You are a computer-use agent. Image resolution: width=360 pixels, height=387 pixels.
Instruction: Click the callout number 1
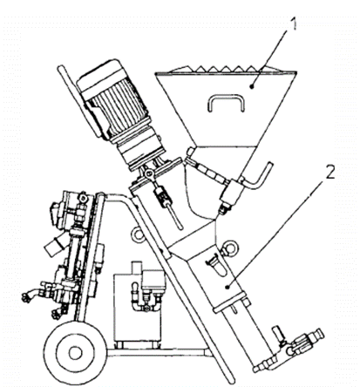294,24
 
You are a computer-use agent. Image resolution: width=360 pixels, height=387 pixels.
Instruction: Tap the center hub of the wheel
75,353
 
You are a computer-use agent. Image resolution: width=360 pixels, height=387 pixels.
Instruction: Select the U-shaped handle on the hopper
226,102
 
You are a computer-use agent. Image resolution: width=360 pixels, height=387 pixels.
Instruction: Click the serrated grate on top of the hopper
226,69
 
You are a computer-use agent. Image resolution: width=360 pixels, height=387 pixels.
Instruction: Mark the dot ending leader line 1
253,85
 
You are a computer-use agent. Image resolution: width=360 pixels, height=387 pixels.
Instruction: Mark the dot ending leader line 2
228,287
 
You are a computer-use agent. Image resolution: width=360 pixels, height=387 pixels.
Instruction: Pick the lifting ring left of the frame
138,234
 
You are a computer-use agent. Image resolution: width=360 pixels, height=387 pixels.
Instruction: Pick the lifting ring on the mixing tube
228,248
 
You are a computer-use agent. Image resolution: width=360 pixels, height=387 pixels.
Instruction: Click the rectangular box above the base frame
138,308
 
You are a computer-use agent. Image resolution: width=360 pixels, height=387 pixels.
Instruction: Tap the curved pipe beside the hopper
259,177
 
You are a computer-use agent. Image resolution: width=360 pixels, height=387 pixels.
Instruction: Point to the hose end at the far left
27,297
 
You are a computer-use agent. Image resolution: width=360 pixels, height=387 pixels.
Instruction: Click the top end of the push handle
61,70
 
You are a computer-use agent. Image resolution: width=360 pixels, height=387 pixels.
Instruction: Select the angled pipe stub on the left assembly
53,246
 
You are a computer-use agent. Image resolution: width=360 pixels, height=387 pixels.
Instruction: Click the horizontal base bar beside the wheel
158,353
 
